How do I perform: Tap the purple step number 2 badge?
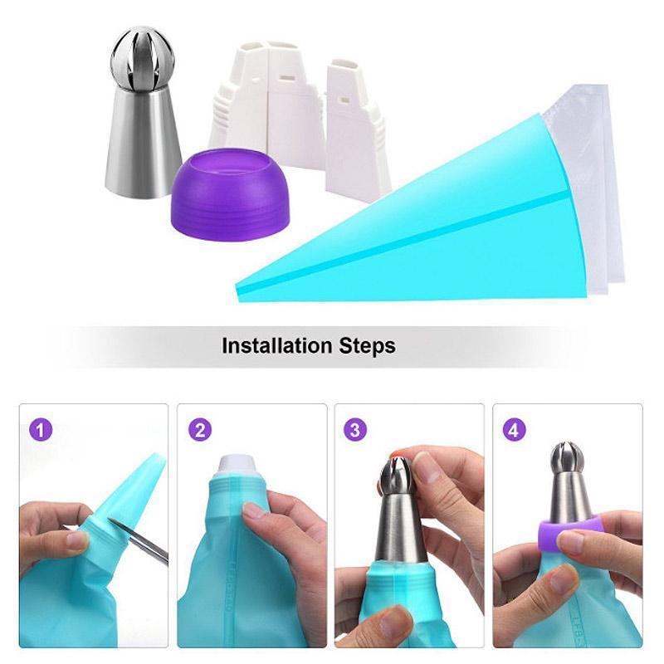click(x=199, y=431)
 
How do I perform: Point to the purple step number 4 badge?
click(x=515, y=431)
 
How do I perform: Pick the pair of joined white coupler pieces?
click(x=264, y=100)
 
